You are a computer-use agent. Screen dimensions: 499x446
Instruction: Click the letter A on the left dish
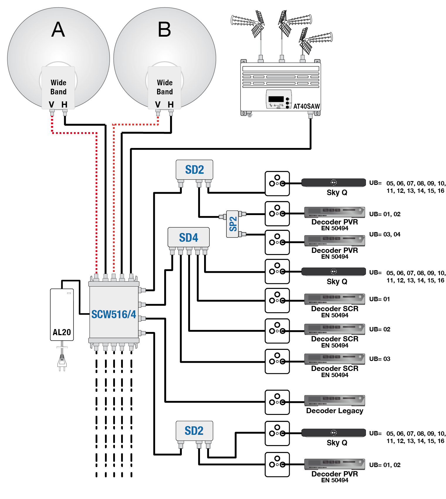(x=58, y=30)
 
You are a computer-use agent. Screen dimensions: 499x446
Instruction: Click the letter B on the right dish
(x=164, y=30)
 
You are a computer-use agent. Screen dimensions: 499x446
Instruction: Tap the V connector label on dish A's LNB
(x=52, y=105)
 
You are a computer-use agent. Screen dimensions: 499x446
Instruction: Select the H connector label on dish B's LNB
(x=171, y=105)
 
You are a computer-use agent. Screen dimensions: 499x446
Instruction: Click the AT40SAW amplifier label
(x=306, y=106)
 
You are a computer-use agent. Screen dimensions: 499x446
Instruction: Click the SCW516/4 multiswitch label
(x=114, y=314)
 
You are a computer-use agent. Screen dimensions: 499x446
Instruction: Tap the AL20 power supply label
(x=62, y=332)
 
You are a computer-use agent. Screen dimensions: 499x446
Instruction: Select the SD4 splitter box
(x=189, y=238)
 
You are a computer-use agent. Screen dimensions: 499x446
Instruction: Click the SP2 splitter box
(x=233, y=224)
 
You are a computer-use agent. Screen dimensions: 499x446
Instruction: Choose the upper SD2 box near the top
(x=194, y=170)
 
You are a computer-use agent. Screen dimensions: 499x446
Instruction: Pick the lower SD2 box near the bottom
(x=194, y=431)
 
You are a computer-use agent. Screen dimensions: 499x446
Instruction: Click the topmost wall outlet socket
(x=277, y=183)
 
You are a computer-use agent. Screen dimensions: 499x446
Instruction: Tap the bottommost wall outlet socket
(x=277, y=464)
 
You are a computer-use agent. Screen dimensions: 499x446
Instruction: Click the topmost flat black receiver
(x=334, y=182)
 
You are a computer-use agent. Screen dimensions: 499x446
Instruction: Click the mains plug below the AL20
(x=62, y=361)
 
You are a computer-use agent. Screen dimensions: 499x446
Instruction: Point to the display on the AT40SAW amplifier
(x=276, y=99)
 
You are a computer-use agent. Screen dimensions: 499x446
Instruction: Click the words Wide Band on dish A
(x=58, y=87)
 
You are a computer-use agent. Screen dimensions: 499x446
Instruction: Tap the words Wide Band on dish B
(x=165, y=87)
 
